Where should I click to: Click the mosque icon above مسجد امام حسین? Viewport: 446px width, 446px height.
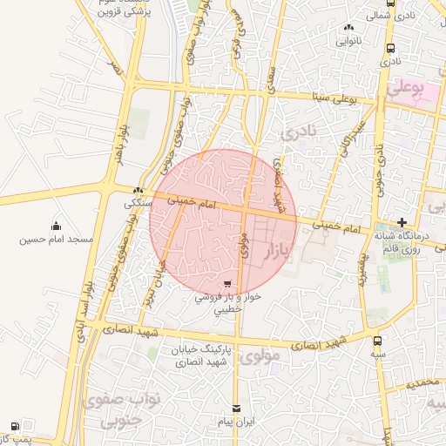(x=57, y=226)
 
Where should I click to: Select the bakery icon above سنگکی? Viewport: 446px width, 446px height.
(x=138, y=191)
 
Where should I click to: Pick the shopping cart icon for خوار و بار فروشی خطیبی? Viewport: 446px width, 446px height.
(x=226, y=284)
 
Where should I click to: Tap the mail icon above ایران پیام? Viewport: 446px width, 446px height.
(x=236, y=409)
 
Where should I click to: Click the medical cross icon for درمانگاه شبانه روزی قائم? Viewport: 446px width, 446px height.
(x=402, y=222)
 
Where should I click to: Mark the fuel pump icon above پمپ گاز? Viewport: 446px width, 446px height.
(x=15, y=426)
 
